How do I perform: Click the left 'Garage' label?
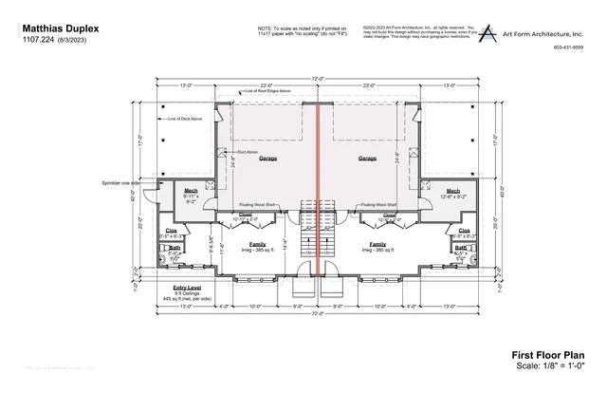point(268,159)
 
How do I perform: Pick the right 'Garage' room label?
point(367,159)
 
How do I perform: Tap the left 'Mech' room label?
point(191,191)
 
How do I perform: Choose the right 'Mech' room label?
point(453,191)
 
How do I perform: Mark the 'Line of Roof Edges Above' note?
point(268,91)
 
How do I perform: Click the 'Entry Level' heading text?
point(187,286)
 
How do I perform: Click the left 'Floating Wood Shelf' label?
point(257,204)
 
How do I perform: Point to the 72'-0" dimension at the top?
point(318,79)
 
